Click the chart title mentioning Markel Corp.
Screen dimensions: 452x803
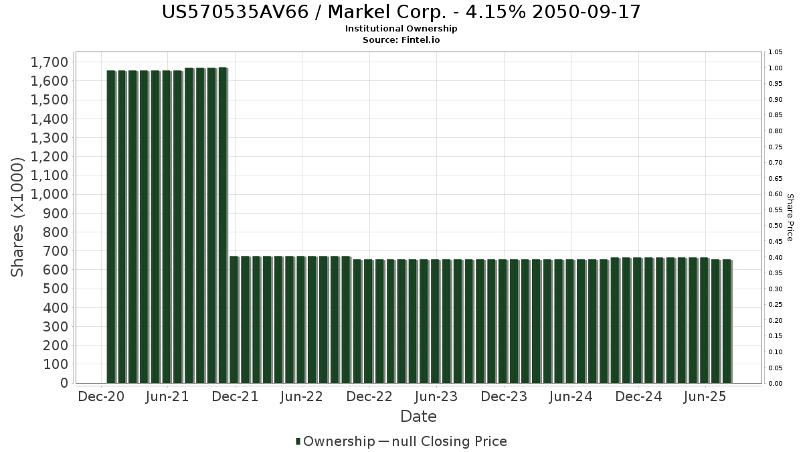(x=401, y=12)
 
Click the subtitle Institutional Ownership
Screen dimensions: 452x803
(x=401, y=29)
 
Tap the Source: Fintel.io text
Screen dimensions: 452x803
(x=401, y=40)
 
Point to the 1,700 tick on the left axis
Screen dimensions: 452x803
(x=50, y=62)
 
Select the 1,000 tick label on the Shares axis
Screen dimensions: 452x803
(x=50, y=194)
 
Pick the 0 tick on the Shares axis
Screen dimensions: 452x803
(x=64, y=383)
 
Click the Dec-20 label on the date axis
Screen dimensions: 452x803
(x=100, y=396)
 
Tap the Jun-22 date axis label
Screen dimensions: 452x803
(x=302, y=396)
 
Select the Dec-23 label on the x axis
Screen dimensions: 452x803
(x=504, y=396)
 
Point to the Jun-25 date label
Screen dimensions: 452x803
(x=705, y=396)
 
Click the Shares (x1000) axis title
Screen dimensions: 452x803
(x=18, y=216)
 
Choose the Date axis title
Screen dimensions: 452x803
(x=418, y=417)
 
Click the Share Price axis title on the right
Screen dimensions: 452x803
(x=790, y=218)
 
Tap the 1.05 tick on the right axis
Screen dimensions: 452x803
(x=775, y=52)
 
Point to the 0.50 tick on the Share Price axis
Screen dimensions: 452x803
(x=775, y=226)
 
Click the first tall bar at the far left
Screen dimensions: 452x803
(x=111, y=226)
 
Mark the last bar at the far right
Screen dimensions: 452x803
(x=726, y=321)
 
